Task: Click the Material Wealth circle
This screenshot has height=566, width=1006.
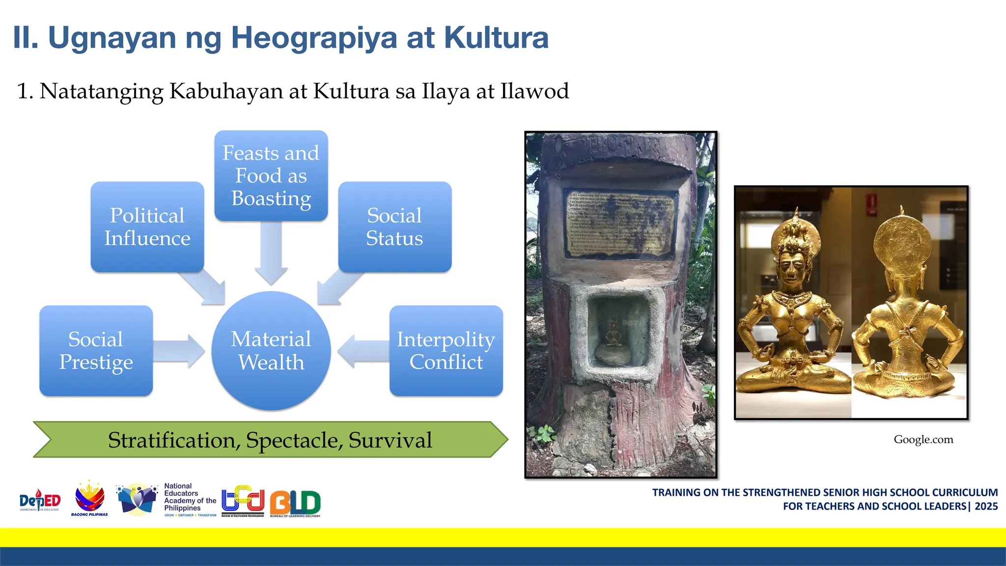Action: (x=271, y=350)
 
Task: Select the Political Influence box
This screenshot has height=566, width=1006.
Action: (x=147, y=226)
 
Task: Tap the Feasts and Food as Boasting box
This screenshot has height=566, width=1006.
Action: (x=271, y=175)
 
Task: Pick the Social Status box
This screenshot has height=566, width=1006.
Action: (x=394, y=226)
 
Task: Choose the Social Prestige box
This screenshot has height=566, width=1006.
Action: (x=96, y=350)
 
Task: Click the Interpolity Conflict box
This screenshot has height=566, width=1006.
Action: (x=446, y=350)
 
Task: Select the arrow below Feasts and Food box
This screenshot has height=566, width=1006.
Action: (x=271, y=253)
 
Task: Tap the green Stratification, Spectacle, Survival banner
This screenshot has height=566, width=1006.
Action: (x=270, y=440)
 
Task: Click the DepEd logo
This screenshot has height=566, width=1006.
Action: (x=40, y=501)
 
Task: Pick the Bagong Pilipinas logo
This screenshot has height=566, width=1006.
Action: (x=89, y=499)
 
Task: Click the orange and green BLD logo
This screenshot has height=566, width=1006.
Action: (x=295, y=503)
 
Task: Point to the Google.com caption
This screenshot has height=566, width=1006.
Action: (x=923, y=439)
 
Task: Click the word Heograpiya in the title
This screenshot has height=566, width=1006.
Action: (x=314, y=38)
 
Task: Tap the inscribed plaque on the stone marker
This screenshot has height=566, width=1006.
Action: (x=620, y=224)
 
